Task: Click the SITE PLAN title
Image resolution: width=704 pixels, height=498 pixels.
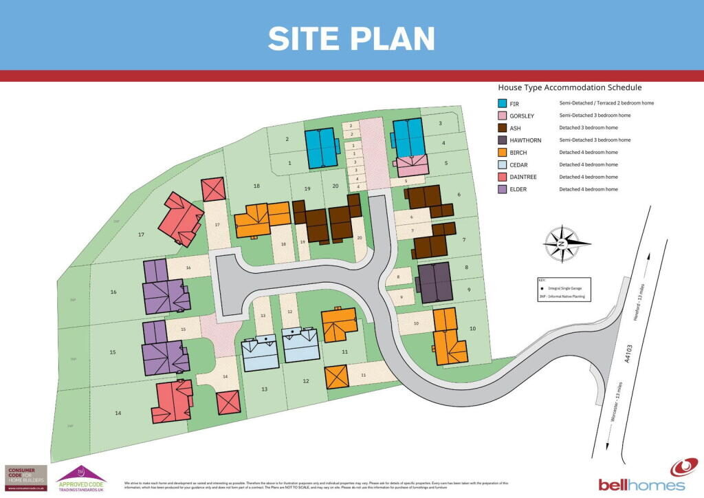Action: (x=351, y=38)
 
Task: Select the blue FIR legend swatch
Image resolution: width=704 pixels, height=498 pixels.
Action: (x=503, y=103)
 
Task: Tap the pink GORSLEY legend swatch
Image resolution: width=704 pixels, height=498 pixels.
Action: (x=503, y=116)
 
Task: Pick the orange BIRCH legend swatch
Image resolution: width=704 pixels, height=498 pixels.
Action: (x=503, y=153)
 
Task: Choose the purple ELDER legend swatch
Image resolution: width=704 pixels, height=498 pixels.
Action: (x=503, y=189)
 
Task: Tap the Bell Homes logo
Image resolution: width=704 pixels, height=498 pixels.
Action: (x=641, y=476)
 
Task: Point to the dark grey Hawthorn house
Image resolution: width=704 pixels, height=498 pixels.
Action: (x=434, y=282)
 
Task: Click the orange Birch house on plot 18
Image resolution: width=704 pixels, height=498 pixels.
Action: (x=261, y=219)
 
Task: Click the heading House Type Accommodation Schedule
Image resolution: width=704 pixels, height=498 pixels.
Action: (x=569, y=88)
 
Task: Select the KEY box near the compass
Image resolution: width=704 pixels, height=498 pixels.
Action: (x=566, y=288)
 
